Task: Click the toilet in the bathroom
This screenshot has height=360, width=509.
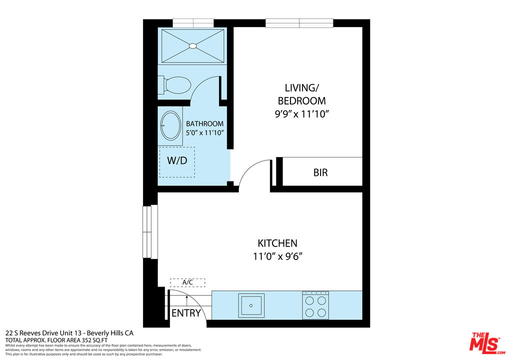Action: pyautogui.click(x=176, y=85)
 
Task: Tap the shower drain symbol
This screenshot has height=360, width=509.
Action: pyautogui.click(x=193, y=46)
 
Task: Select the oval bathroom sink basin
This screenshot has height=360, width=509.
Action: pyautogui.click(x=171, y=125)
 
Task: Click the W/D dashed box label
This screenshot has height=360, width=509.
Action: pyautogui.click(x=177, y=161)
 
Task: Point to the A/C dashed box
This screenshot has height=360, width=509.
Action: pyautogui.click(x=187, y=282)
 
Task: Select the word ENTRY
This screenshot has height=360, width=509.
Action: pyautogui.click(x=186, y=313)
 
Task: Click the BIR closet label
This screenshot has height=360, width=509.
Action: pyautogui.click(x=320, y=173)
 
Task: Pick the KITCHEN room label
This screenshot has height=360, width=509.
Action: pyautogui.click(x=277, y=243)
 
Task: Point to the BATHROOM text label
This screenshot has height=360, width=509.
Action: pyautogui.click(x=204, y=123)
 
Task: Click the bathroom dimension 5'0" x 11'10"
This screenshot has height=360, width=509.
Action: pyautogui.click(x=204, y=132)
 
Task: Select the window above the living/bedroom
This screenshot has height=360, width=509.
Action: pyautogui.click(x=299, y=23)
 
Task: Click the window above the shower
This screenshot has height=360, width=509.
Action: pyautogui.click(x=193, y=23)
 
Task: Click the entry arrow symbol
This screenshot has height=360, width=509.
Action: pyautogui.click(x=186, y=299)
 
